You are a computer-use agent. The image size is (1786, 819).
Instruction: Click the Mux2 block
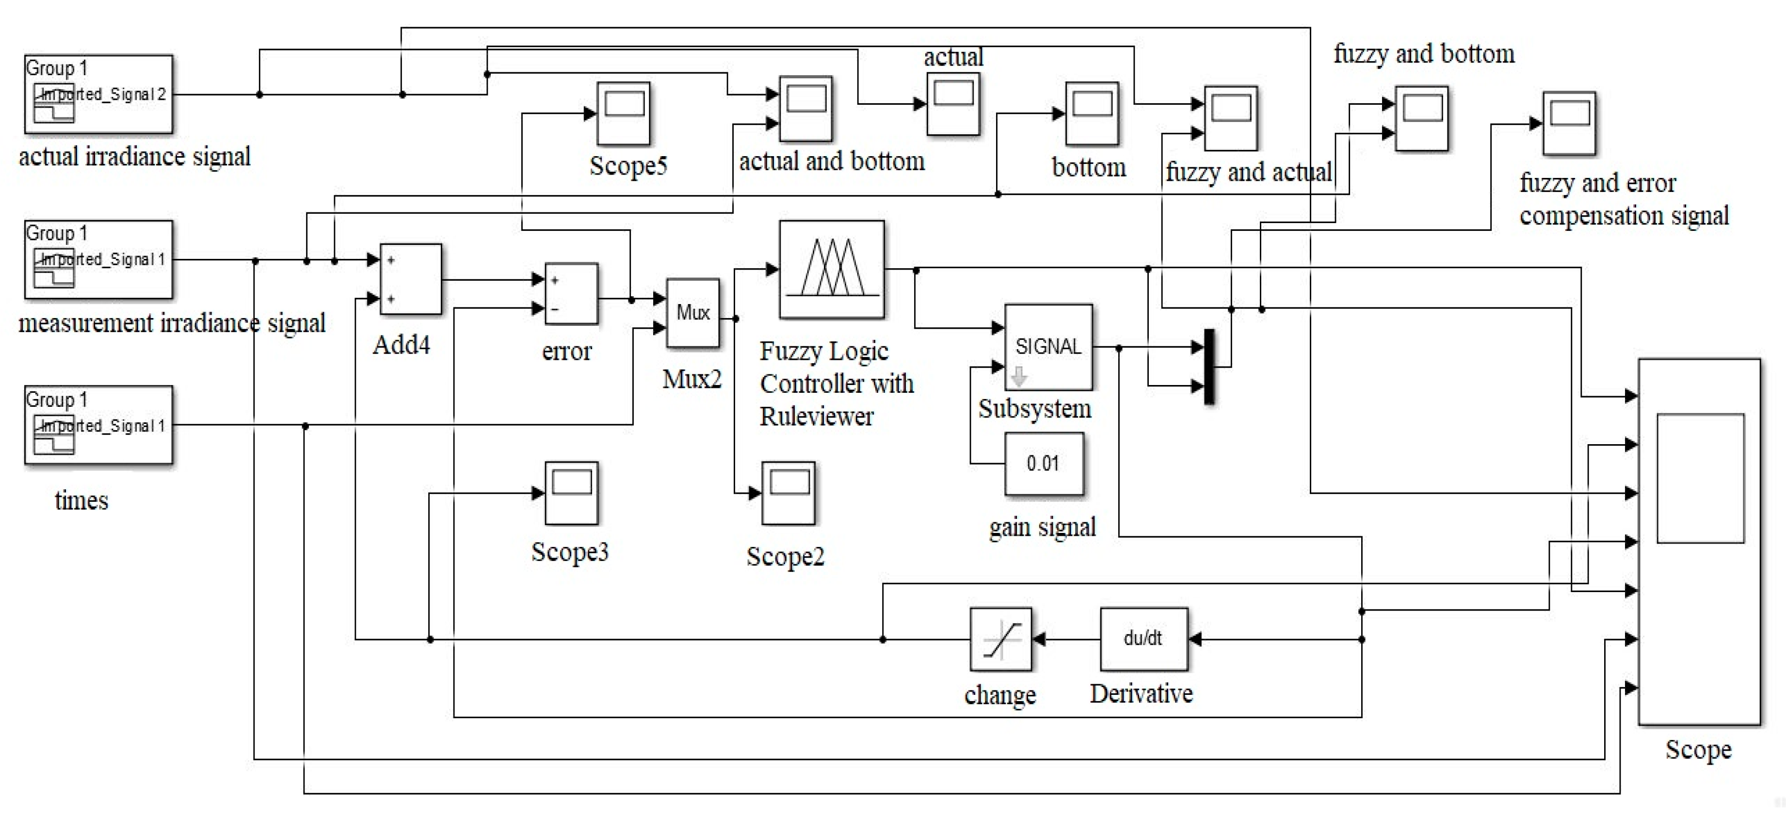[x=692, y=313]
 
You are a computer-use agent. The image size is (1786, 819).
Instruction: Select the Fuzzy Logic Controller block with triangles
[x=831, y=269]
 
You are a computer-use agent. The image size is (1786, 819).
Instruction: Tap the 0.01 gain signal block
[x=1044, y=463]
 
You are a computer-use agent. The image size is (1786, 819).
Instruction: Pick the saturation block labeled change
[x=1000, y=639]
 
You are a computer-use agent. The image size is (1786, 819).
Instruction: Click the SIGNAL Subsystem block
[x=1047, y=347]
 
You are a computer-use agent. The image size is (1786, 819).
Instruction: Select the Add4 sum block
[x=410, y=279]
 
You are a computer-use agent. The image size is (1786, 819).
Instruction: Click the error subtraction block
[x=571, y=293]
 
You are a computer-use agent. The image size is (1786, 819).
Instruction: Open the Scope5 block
[x=623, y=113]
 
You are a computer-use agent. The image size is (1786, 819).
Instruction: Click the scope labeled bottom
[x=1091, y=113]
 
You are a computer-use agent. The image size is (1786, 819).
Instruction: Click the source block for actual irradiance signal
[x=98, y=94]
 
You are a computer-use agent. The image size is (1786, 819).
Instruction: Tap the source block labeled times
[x=98, y=424]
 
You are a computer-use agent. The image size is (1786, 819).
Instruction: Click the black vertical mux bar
[x=1209, y=366]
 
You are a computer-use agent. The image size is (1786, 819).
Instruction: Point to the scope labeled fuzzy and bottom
[x=1421, y=118]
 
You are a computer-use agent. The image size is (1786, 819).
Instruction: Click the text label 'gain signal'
[x=1042, y=527]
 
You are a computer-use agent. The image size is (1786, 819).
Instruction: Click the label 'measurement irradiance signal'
[x=171, y=323]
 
